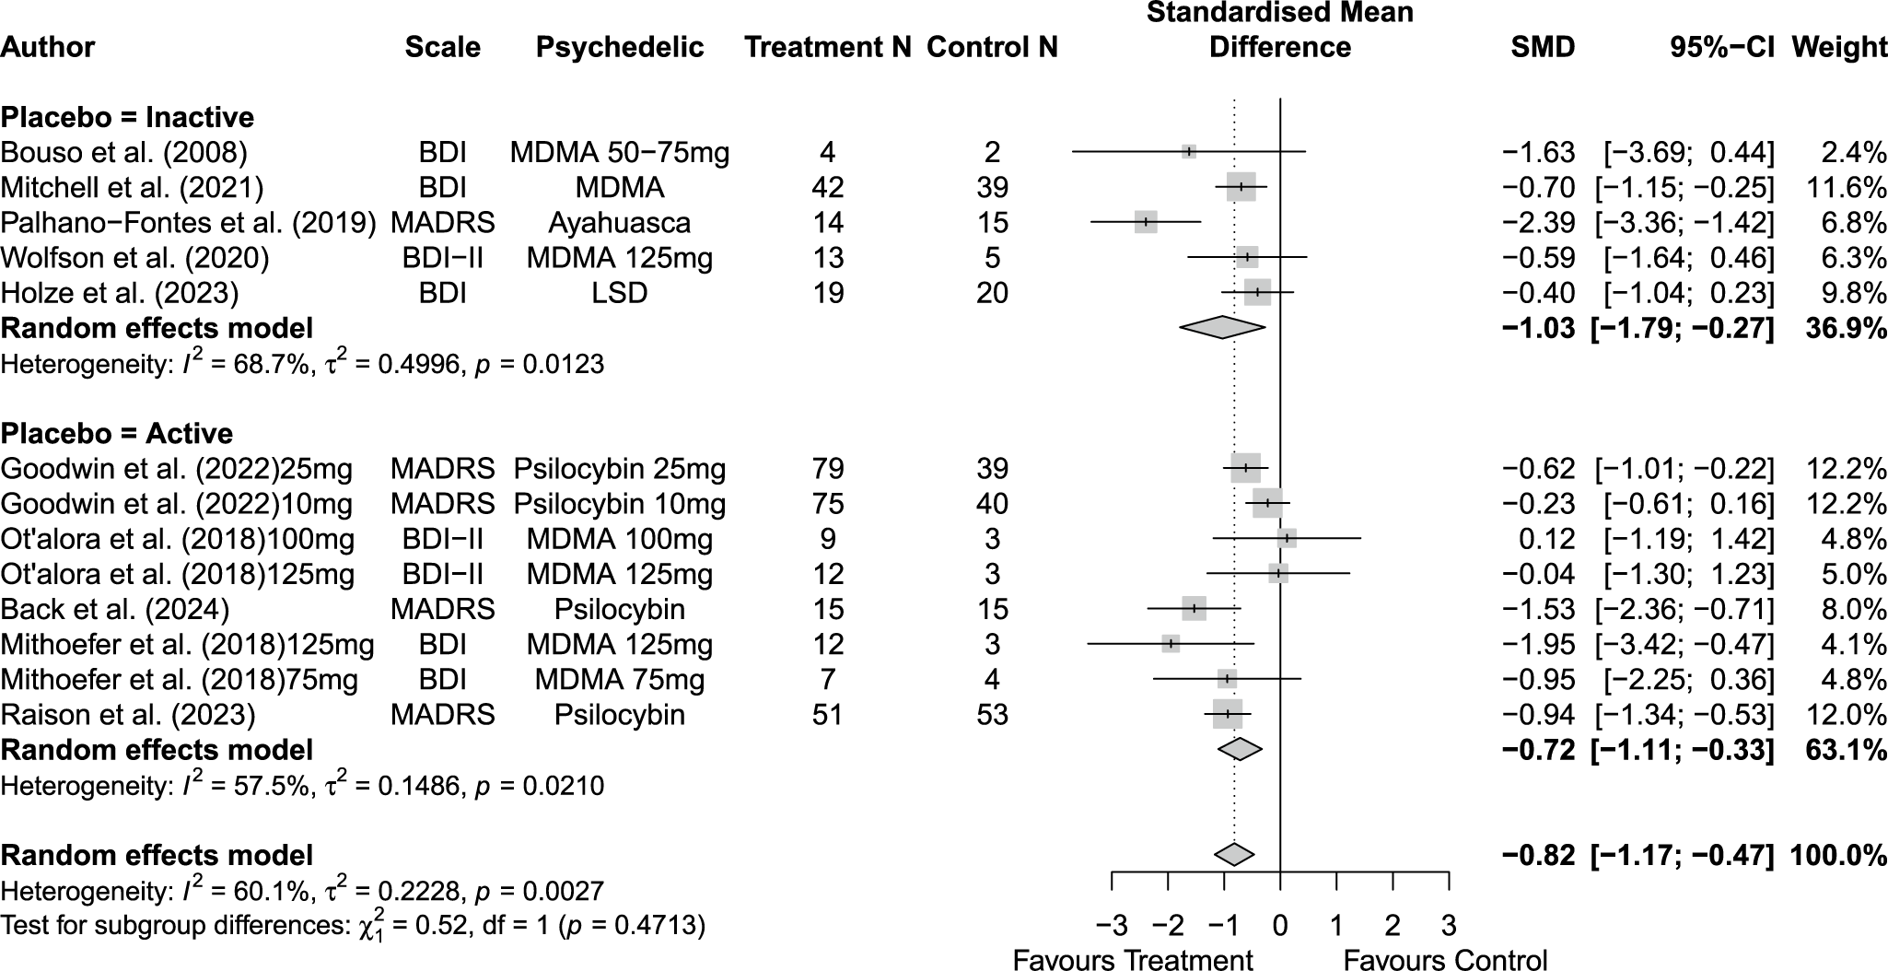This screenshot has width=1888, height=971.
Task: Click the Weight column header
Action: pos(1838,47)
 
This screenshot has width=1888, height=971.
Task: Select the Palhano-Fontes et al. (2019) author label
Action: pos(188,223)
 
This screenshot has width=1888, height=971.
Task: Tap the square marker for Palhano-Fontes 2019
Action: pos(1146,222)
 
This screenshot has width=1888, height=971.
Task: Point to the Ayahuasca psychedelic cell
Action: pos(619,223)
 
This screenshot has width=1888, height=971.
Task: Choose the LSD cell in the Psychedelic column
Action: pos(619,293)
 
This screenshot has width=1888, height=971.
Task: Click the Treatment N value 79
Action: pos(827,469)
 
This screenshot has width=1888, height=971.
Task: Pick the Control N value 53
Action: pos(992,715)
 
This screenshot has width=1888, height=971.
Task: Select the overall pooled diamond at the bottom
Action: pos(1234,855)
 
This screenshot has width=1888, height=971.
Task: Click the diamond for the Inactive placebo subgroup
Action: pos(1222,327)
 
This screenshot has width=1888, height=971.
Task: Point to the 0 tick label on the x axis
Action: pos(1280,924)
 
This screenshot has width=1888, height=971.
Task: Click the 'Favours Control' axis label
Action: pos(1445,960)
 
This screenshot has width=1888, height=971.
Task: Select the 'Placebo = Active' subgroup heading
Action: pos(117,434)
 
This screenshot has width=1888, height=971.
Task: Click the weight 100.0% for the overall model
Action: pos(1838,856)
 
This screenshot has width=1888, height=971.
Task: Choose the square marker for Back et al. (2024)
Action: pos(1194,609)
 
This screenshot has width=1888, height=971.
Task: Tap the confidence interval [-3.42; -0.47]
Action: pos(1684,645)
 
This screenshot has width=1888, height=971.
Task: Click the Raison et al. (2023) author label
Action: pos(128,715)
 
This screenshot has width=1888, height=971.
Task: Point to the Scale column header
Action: pos(442,47)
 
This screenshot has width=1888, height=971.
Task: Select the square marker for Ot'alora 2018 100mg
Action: pos(1287,539)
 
